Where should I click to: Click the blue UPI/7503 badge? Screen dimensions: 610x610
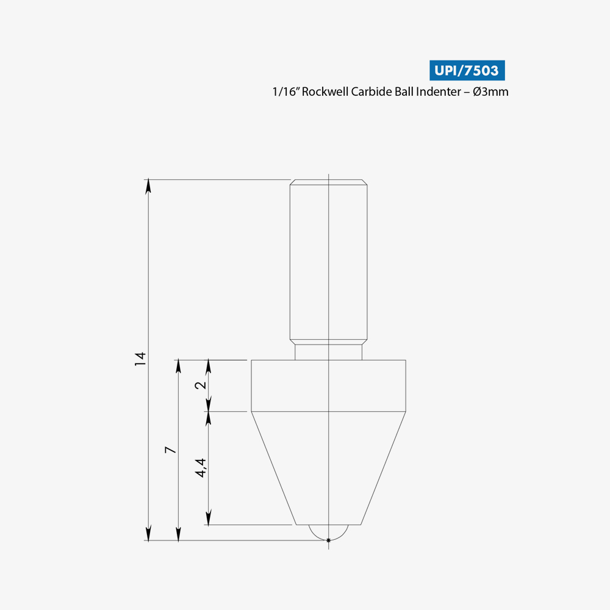[467, 70]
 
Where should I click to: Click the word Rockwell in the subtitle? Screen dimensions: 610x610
[325, 91]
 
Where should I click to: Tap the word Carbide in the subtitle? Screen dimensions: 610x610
[371, 91]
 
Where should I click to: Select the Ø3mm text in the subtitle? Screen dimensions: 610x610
[490, 92]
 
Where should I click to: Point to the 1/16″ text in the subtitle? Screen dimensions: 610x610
[285, 91]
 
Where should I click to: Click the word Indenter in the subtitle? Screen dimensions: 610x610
[439, 91]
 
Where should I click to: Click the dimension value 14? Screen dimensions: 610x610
[140, 359]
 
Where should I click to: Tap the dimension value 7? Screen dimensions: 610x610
[170, 450]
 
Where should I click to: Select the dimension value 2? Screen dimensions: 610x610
[200, 385]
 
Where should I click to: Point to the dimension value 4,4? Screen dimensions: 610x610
[200, 468]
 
